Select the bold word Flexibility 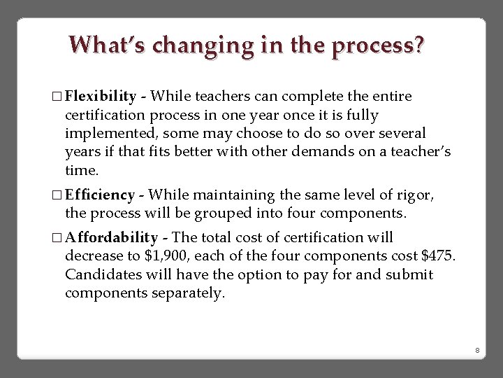tap(100, 96)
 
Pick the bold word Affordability tap(111, 238)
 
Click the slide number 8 tap(476, 350)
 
